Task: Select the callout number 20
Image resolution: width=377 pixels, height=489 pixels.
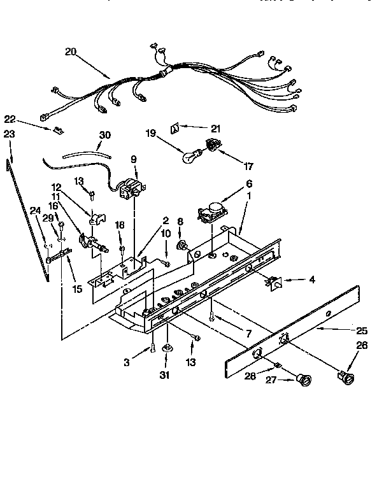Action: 71,52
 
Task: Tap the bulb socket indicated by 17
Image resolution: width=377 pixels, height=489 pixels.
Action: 210,147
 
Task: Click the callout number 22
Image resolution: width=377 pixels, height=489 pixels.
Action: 9,119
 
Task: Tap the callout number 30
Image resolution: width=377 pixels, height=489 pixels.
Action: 105,134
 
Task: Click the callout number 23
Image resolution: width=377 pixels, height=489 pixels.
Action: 8,134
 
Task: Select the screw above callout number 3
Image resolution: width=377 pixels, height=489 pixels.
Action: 153,348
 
